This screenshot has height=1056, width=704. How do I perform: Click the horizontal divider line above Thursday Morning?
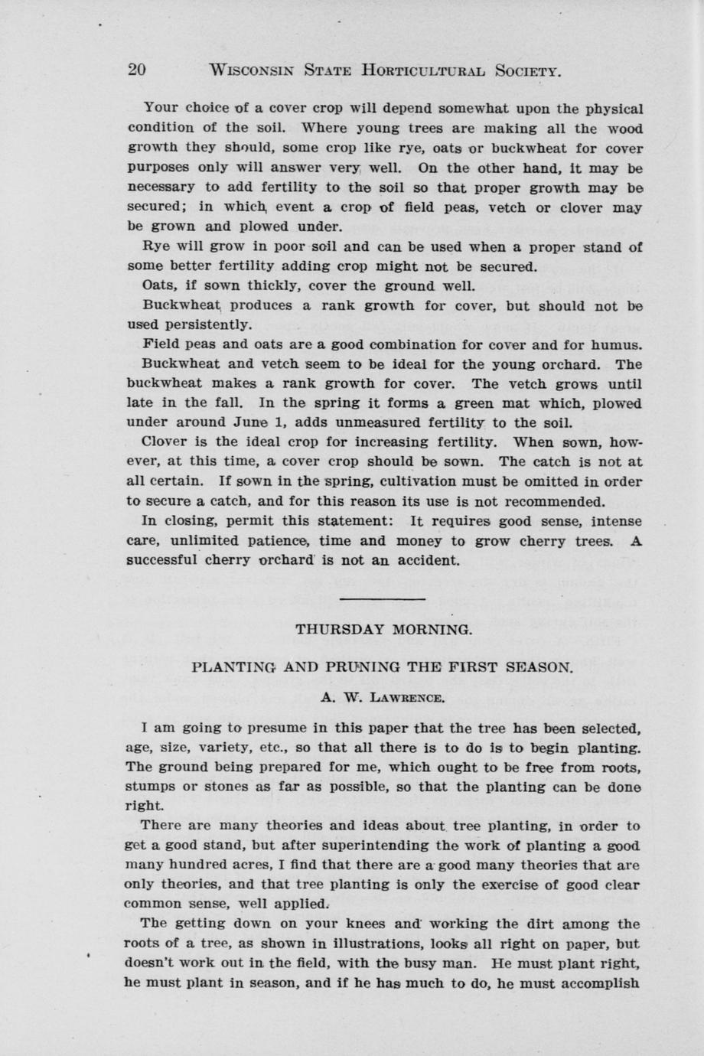380,598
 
